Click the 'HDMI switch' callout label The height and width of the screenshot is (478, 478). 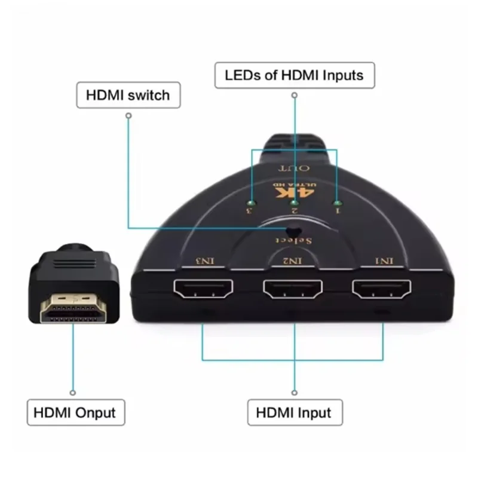[x=128, y=94]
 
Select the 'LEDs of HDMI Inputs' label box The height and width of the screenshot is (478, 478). [x=294, y=75]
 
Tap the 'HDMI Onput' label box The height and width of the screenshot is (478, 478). [x=75, y=412]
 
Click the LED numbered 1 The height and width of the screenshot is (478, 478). [x=336, y=203]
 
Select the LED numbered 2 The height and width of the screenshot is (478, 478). [x=294, y=203]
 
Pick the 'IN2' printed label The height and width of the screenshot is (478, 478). [x=293, y=261]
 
